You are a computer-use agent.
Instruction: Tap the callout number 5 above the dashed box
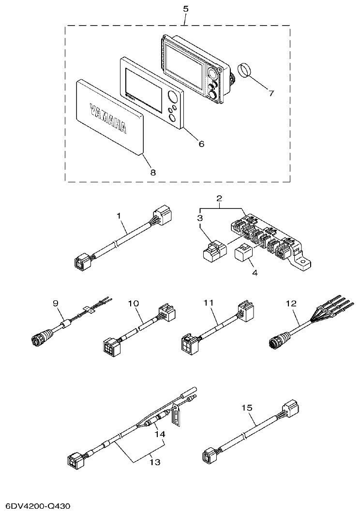186,9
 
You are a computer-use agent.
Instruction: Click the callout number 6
201,144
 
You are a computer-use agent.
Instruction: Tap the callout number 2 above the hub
219,198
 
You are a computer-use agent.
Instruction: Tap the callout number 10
134,303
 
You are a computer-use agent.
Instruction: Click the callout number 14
159,434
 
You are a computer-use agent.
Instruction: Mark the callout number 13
154,462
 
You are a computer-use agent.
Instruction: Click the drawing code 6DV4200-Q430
38,506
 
